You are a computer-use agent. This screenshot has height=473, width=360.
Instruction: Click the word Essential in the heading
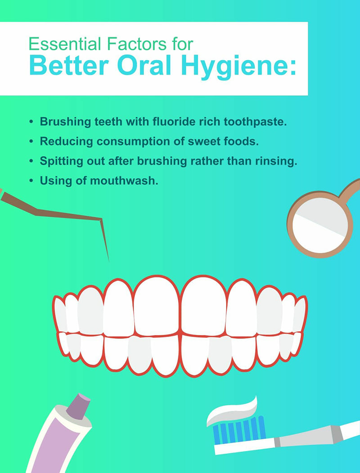(x=65, y=44)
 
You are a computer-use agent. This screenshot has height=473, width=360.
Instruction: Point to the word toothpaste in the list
(x=255, y=122)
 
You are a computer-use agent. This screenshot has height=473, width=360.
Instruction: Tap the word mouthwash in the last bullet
(x=124, y=180)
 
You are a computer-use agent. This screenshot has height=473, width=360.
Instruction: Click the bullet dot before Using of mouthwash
(x=31, y=180)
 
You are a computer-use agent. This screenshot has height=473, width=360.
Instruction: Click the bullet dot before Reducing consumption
(x=31, y=141)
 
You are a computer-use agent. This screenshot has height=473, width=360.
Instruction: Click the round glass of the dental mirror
(x=320, y=225)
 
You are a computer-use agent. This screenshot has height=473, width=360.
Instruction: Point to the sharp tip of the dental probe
(x=108, y=261)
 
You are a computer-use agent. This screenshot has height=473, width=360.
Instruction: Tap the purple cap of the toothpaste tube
(x=78, y=406)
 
